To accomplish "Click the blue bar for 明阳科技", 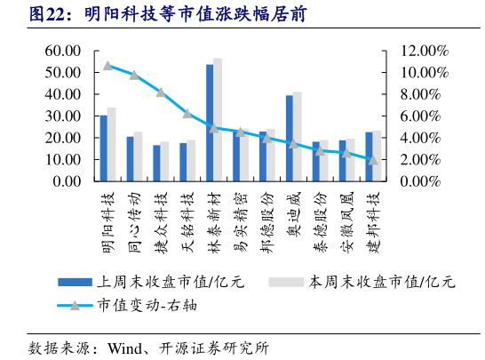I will [104, 148].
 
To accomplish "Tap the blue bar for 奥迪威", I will [290, 139].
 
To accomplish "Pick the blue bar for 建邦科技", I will [369, 156].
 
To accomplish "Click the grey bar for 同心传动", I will [138, 156].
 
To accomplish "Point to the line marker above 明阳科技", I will [107, 65].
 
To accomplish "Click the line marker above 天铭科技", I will [187, 114].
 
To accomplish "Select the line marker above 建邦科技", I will [373, 160].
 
